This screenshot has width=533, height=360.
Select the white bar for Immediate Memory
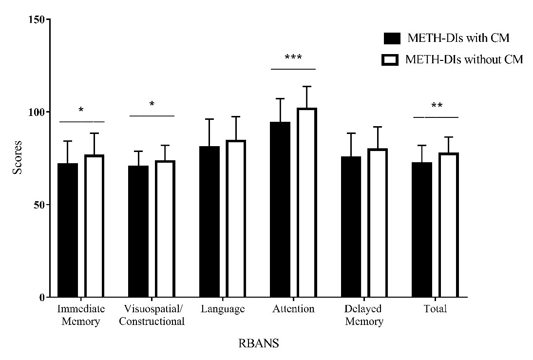95,226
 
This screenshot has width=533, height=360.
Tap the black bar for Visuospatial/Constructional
138,231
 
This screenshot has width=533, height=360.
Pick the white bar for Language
236,219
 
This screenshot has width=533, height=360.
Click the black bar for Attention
280,209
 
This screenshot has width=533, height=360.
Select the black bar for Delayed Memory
351,227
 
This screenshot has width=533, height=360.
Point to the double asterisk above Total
436,106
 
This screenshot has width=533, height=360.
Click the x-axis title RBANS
259,343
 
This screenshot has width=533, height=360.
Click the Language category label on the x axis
222,309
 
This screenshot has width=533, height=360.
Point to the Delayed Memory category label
364,315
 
